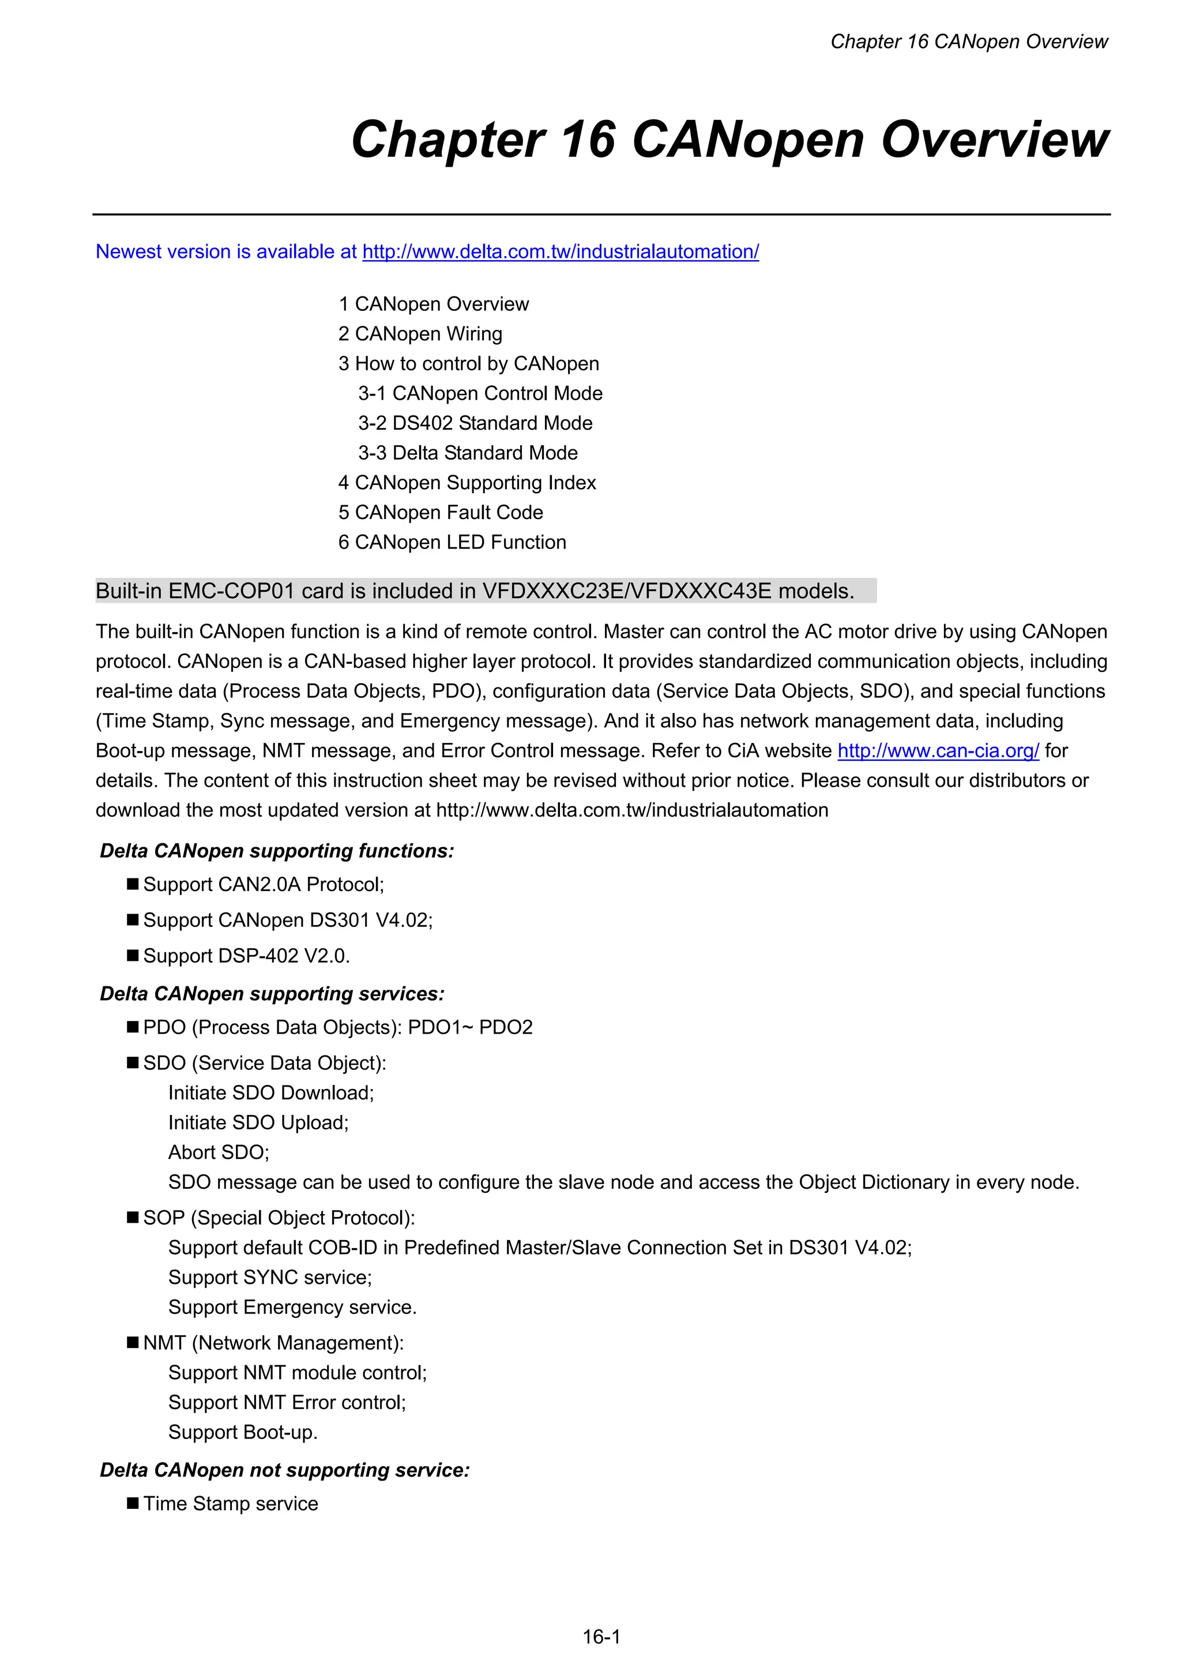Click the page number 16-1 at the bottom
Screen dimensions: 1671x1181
601,1637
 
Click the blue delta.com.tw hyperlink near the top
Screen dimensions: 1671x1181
561,252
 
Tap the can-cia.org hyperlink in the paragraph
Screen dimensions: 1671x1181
938,750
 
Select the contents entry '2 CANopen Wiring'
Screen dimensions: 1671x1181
420,334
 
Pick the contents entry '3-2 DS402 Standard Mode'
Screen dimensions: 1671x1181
475,423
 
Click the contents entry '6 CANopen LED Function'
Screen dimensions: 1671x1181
452,542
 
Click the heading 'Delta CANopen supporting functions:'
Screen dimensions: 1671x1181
277,851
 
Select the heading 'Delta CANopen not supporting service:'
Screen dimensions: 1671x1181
284,1470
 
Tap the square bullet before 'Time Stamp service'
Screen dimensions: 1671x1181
133,1503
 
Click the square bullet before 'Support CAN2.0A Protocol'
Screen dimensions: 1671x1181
133,884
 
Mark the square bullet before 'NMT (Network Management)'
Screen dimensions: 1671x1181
133,1342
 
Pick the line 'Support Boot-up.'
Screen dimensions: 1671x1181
243,1432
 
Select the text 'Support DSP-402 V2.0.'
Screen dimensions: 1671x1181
247,956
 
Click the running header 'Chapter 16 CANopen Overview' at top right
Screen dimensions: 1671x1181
969,42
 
